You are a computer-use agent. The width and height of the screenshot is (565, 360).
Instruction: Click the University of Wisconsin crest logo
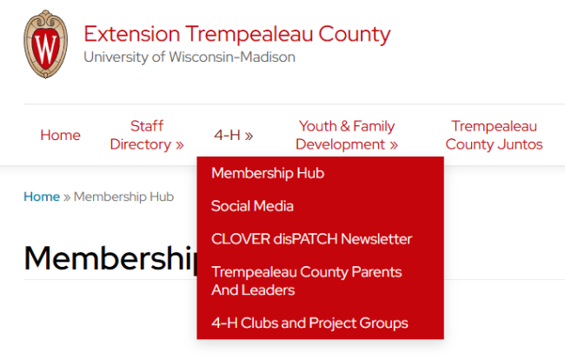pyautogui.click(x=45, y=44)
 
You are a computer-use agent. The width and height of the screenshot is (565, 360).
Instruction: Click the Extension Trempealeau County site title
pyautogui.click(x=237, y=35)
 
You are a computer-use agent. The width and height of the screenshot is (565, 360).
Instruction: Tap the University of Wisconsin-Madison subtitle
pyautogui.click(x=189, y=57)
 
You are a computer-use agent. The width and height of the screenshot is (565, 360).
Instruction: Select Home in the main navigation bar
pyautogui.click(x=60, y=135)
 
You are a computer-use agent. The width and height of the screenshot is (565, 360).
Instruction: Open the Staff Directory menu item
pyautogui.click(x=147, y=135)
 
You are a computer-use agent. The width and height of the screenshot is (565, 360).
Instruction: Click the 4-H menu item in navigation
pyautogui.click(x=234, y=135)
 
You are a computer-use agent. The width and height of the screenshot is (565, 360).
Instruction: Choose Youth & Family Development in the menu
pyautogui.click(x=347, y=135)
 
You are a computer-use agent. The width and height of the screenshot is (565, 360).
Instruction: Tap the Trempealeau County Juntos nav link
pyautogui.click(x=494, y=135)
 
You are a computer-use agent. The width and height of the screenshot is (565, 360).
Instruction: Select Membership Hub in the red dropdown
pyautogui.click(x=268, y=173)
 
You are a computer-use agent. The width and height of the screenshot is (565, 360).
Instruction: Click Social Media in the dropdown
pyautogui.click(x=252, y=206)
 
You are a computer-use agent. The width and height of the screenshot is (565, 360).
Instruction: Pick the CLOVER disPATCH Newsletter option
pyautogui.click(x=312, y=239)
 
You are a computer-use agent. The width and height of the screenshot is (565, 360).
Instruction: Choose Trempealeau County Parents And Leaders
pyautogui.click(x=307, y=281)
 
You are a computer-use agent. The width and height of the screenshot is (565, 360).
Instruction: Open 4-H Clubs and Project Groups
pyautogui.click(x=309, y=323)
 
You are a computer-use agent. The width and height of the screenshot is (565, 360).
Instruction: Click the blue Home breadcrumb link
pyautogui.click(x=42, y=197)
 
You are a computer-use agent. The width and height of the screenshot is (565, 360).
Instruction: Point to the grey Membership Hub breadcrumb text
pyautogui.click(x=124, y=197)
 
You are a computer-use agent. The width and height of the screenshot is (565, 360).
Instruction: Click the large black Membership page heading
pyautogui.click(x=110, y=258)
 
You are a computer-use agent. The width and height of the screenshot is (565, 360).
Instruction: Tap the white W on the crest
pyautogui.click(x=46, y=49)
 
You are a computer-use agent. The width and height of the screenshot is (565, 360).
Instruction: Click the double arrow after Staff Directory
pyautogui.click(x=179, y=145)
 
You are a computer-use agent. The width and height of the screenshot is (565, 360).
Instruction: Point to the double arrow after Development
pyautogui.click(x=394, y=145)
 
